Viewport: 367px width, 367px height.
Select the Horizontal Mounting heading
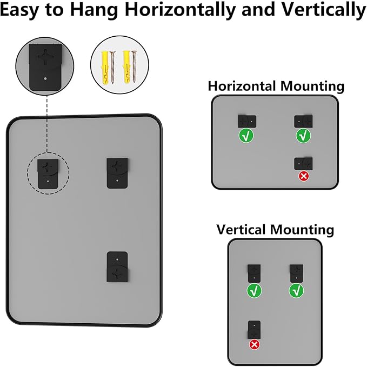point(276,85)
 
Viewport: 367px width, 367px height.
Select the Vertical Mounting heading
point(275,229)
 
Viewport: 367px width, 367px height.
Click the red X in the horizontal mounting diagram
point(303,176)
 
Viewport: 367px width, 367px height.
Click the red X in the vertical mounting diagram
point(255,344)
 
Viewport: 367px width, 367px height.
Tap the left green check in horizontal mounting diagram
point(246,136)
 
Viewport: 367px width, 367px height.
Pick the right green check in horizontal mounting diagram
point(303,135)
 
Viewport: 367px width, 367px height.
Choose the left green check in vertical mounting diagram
point(253,291)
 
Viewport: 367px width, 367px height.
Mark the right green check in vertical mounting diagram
point(296,291)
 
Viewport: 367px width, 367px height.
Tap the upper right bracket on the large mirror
point(117,173)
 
